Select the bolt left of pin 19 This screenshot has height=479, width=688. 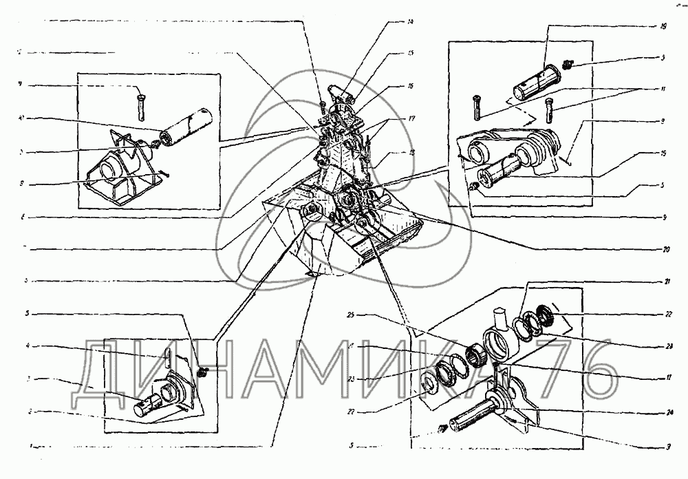tap(475, 106)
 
